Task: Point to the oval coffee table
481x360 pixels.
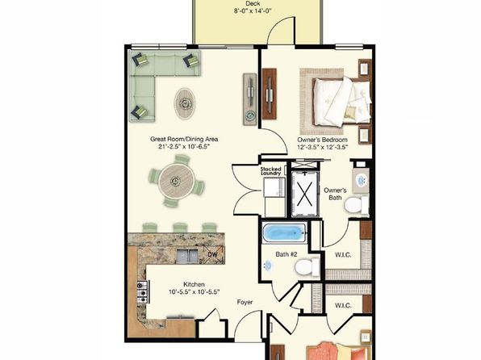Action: [x=186, y=101]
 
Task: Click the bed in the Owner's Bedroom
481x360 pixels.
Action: [x=333, y=97]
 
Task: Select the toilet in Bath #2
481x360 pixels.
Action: [x=304, y=266]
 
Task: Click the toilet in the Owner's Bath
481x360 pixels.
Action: [x=353, y=206]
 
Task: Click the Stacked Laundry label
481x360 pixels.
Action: [x=270, y=170]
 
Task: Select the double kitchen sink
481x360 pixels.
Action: [x=188, y=256]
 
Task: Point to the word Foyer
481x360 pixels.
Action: [x=245, y=302]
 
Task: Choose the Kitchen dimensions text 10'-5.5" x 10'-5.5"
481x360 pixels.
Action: [x=194, y=291]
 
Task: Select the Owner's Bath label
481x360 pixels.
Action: [x=335, y=195]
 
